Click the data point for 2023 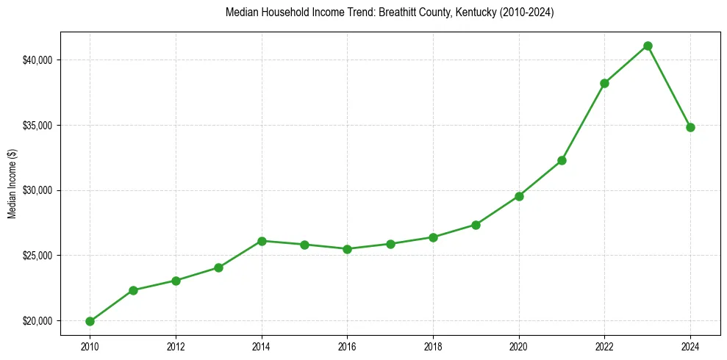[648, 46]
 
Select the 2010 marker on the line [90, 321]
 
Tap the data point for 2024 [690, 127]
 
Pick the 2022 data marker [604, 83]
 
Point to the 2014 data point [262, 241]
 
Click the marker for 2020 [519, 196]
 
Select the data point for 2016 [347, 249]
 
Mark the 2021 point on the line [562, 160]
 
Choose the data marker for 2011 [133, 290]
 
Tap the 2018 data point [433, 237]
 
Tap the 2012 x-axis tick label [176, 346]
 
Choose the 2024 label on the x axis [690, 346]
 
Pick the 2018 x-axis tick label [433, 346]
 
